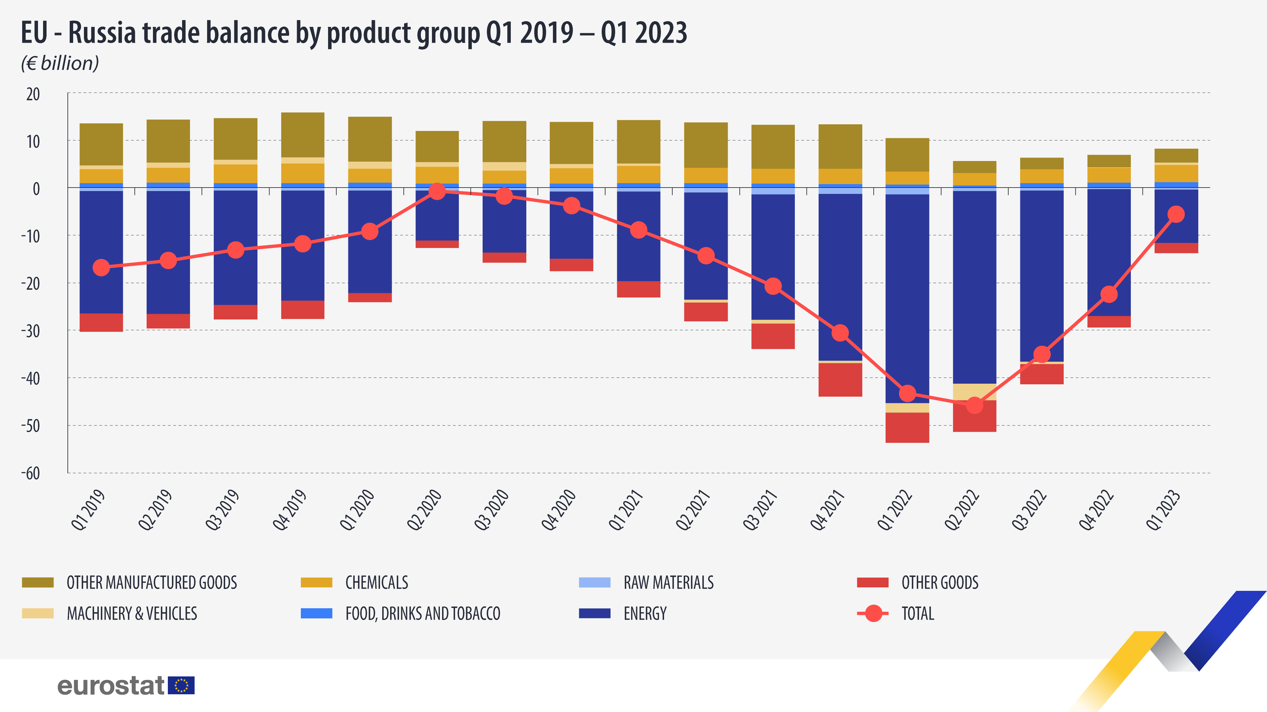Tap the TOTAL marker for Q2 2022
coord(974,406)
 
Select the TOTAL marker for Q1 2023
coord(1176,214)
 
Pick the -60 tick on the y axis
coord(30,473)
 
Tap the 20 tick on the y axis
coord(33,94)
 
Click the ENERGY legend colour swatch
coord(595,613)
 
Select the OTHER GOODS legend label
coord(940,583)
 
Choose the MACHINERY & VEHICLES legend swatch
coord(38,613)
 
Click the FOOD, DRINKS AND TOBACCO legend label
coord(422,614)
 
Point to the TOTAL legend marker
coord(873,613)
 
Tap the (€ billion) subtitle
coord(60,63)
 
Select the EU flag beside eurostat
coord(181,685)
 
